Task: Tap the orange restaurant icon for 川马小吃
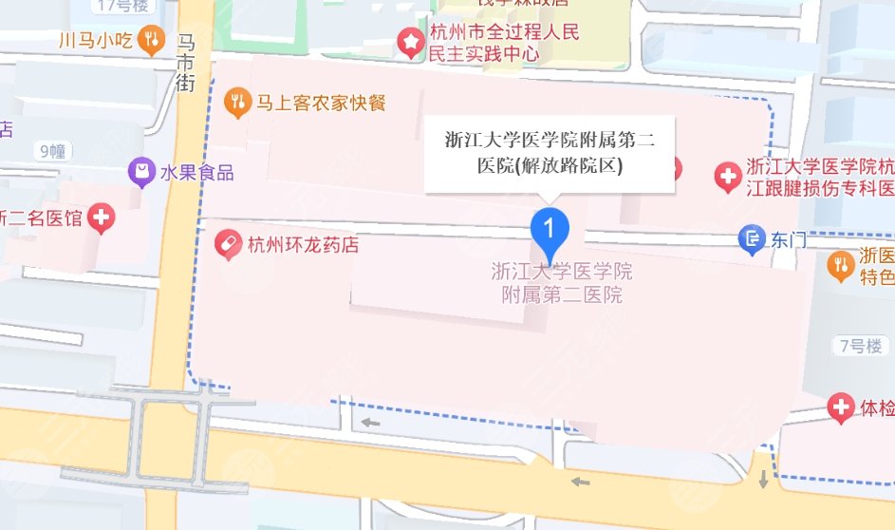point(150,40)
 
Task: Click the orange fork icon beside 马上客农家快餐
point(236,100)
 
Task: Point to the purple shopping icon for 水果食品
point(141,172)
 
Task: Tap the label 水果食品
point(196,173)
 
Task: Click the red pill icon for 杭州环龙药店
point(228,245)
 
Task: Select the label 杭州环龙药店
point(303,245)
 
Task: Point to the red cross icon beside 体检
point(840,408)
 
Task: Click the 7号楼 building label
point(860,346)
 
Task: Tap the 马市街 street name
point(186,63)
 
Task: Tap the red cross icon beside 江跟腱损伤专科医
point(728,177)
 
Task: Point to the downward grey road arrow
point(764,479)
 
